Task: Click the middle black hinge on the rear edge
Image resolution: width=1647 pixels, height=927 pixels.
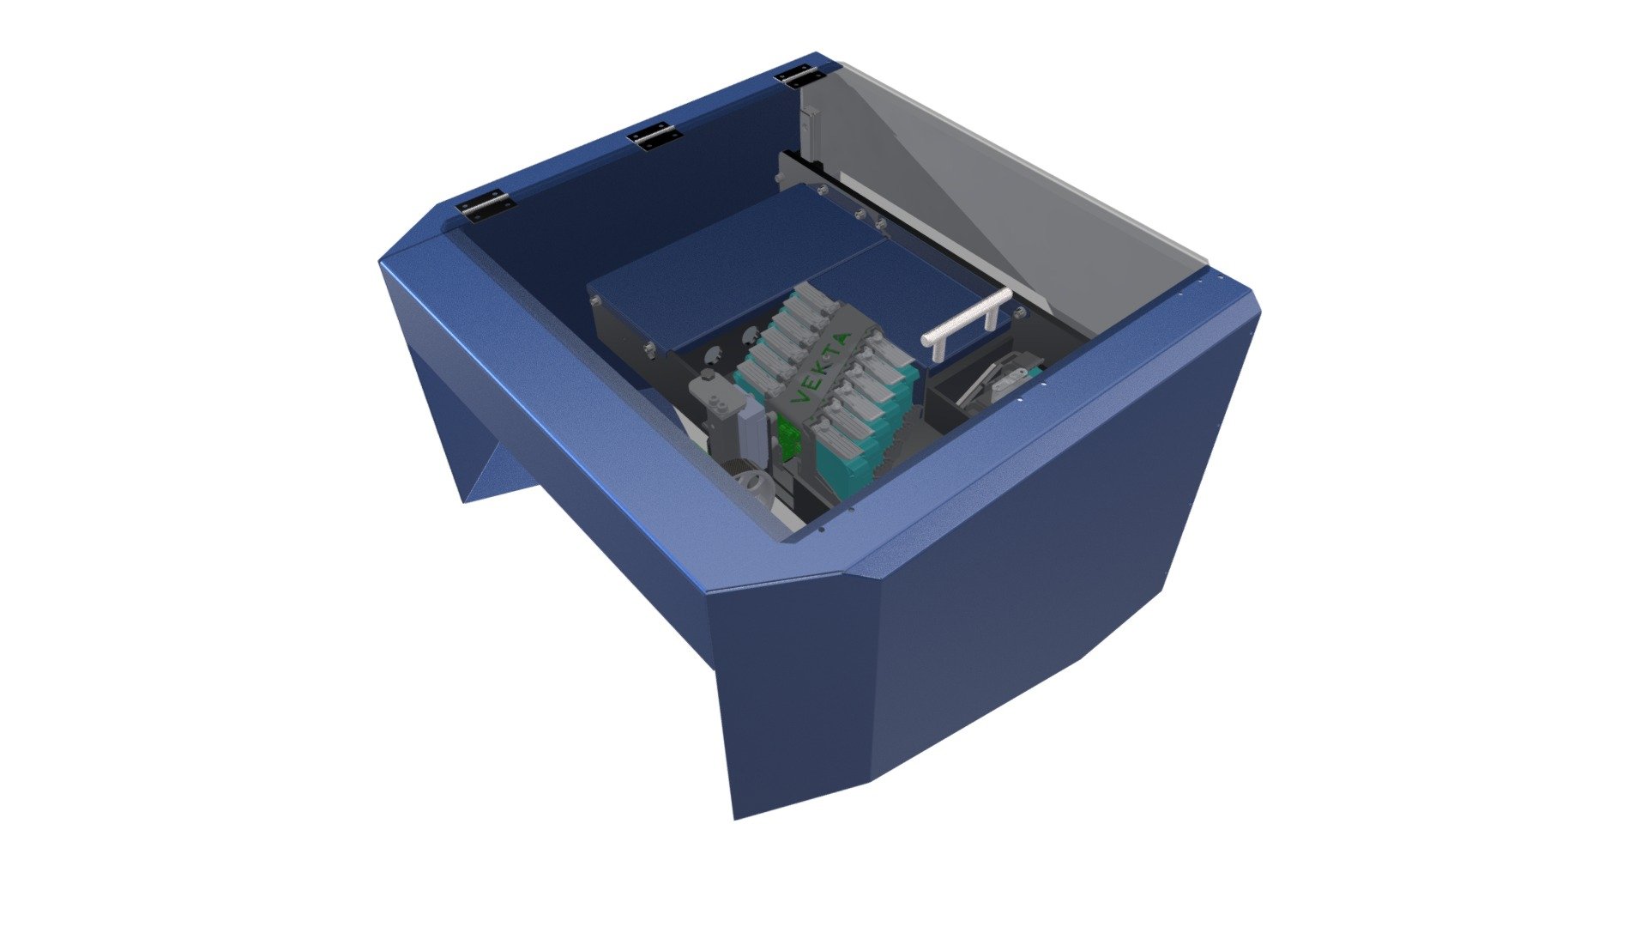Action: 655,137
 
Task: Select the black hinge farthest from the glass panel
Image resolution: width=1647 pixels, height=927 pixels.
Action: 486,207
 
